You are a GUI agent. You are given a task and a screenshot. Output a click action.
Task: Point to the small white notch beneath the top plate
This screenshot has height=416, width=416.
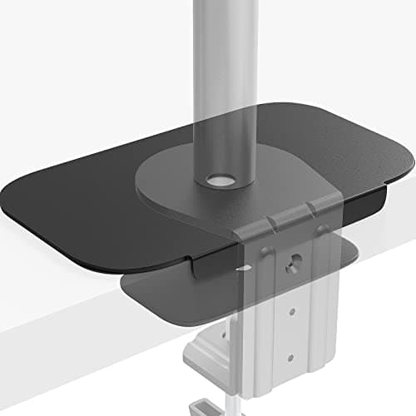[241, 269]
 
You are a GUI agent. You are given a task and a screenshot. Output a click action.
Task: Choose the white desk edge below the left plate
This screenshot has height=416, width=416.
[67, 308]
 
